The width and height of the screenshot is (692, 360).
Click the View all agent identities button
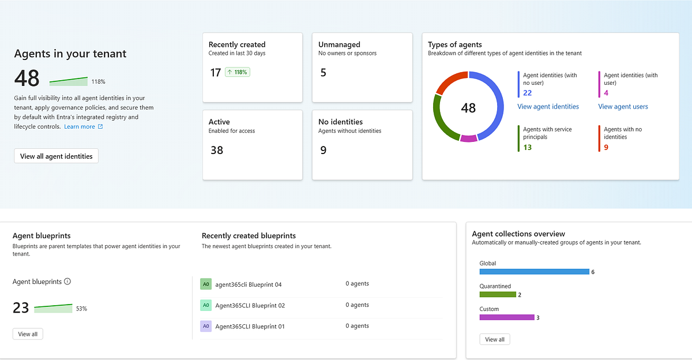[57, 156]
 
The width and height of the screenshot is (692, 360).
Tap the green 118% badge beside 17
[238, 72]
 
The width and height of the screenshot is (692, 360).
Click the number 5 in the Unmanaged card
[323, 73]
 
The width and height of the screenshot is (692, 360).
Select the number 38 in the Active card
[217, 150]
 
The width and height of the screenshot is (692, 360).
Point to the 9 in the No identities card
[323, 150]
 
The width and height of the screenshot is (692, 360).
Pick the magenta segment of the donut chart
[469, 138]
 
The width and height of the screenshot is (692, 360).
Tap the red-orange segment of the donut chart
[449, 80]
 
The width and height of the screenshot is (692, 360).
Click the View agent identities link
[548, 107]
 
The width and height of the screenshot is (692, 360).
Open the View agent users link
[623, 107]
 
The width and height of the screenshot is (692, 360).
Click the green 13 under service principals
[527, 147]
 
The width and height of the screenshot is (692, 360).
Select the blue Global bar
[534, 272]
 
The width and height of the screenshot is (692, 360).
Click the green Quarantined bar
[498, 294]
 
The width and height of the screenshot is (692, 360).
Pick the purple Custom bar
[507, 317]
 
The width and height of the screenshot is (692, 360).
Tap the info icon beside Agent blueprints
[67, 282]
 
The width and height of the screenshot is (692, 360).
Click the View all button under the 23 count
[28, 334]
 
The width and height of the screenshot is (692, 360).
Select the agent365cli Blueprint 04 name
[249, 284]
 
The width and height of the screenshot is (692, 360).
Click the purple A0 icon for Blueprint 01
[206, 326]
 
